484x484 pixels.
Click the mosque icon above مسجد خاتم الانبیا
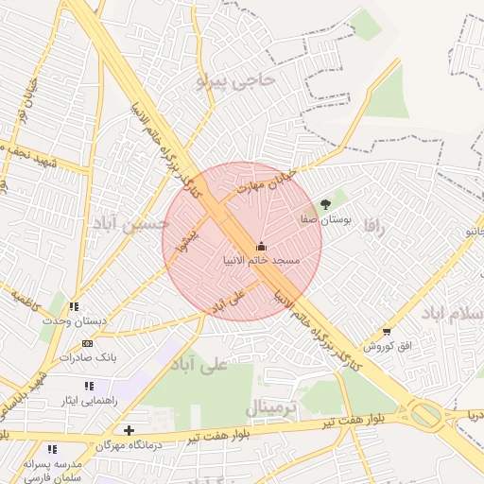tap(262, 247)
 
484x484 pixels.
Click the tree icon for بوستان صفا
tap(326, 203)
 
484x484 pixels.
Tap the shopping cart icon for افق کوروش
tap(388, 332)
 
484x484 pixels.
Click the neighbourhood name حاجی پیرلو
tap(236, 81)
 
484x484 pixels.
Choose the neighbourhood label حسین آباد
tap(130, 223)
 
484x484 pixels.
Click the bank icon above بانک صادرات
tap(88, 343)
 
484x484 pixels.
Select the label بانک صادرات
tap(88, 358)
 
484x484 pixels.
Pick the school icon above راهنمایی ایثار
tap(89, 386)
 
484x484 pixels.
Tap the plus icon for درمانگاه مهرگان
tap(129, 431)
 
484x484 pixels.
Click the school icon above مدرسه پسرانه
tap(52, 449)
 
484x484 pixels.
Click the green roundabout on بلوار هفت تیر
tap(426, 414)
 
